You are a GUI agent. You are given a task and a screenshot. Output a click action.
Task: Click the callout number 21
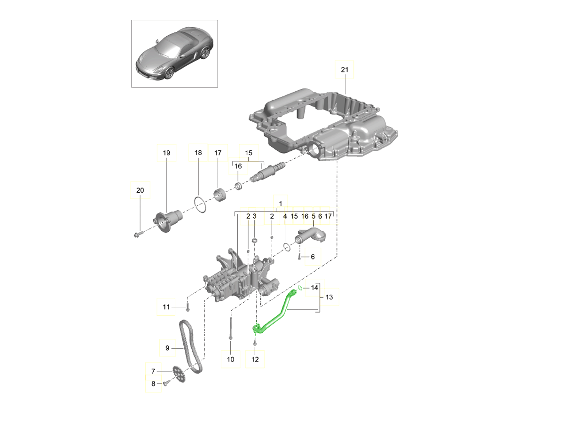pos(345,70)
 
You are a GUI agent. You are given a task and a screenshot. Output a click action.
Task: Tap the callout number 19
pos(166,153)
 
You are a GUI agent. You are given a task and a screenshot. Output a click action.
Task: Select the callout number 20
pos(140,190)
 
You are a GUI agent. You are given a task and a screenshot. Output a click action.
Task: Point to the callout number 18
pos(198,153)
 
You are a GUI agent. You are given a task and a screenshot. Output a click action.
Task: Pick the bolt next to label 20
pos(139,233)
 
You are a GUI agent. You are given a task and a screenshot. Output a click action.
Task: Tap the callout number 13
pos(329,297)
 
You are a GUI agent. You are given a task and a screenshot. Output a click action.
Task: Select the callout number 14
pos(315,287)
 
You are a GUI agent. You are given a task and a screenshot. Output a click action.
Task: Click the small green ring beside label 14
pos(299,287)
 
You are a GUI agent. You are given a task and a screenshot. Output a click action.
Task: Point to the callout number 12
pos(255,360)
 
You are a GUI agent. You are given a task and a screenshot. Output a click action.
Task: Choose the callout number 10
pos(230,360)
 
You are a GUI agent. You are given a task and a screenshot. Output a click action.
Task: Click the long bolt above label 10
pos(230,328)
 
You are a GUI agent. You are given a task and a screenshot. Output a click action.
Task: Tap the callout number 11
pos(166,307)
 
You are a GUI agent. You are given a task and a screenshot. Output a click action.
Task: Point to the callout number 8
pos(153,384)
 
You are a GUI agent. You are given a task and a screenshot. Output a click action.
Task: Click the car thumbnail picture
pos(174,53)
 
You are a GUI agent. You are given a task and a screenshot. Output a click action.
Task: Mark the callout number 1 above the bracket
pos(280,204)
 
